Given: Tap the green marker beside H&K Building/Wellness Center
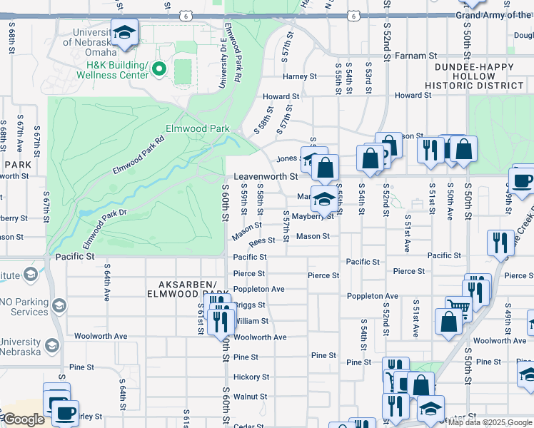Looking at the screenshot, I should click(159, 69).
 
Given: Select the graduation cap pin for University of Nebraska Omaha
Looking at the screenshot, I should click(124, 33).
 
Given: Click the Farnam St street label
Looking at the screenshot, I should click(412, 55).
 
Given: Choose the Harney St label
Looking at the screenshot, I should click(299, 76).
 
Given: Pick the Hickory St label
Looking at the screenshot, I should click(251, 377).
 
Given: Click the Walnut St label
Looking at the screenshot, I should click(250, 396).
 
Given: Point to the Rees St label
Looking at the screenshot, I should click(261, 241).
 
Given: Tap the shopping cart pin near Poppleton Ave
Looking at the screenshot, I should click(458, 307).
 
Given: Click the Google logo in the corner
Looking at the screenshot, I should click(23, 419).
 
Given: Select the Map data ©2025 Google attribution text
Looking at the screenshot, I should click(490, 422).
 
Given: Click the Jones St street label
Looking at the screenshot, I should click(287, 158).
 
